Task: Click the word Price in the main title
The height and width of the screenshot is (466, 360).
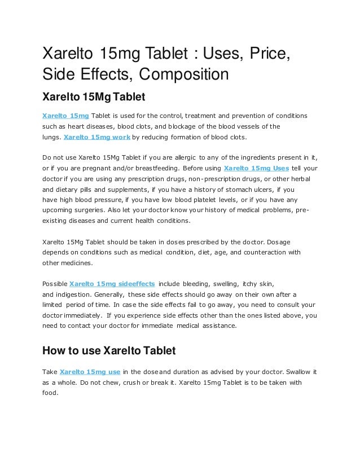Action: click(267, 55)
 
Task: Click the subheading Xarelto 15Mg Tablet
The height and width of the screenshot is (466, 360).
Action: click(94, 98)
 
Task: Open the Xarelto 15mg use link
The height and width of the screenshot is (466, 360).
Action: click(90, 372)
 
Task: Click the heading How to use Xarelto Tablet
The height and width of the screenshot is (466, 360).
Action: click(109, 351)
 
